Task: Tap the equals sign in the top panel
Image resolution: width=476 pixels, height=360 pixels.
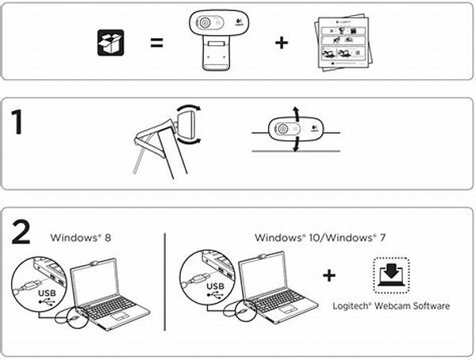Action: [x=157, y=43]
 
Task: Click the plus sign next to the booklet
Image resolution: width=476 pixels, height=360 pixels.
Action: [x=282, y=42]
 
